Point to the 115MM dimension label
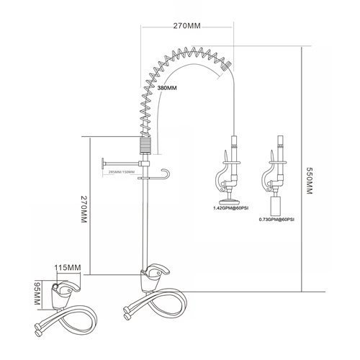[67, 268]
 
